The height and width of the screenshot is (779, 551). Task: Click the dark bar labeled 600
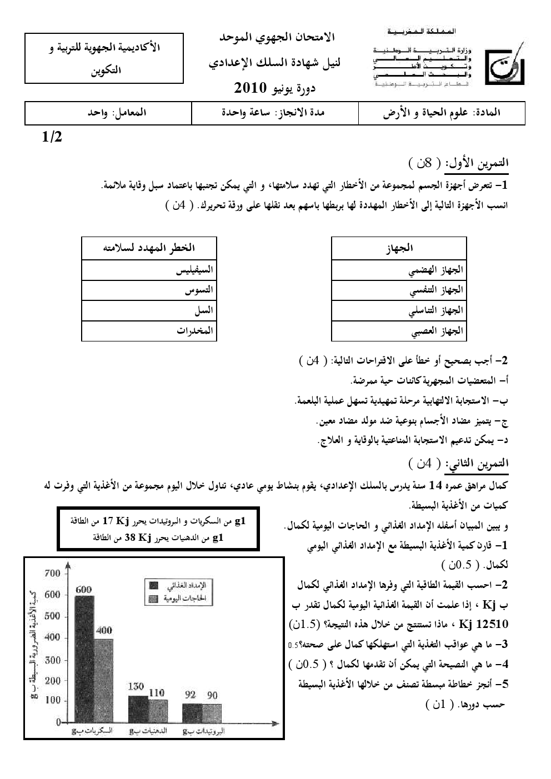(84, 658)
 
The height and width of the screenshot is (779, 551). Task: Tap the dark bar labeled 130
(138, 708)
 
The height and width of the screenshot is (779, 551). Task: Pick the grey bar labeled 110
(158, 711)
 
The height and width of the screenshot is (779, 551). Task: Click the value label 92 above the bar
(191, 694)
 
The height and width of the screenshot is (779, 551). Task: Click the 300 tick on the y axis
(52, 660)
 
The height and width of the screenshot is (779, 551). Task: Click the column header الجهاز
(399, 248)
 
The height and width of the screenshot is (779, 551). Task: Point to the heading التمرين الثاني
(480, 462)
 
